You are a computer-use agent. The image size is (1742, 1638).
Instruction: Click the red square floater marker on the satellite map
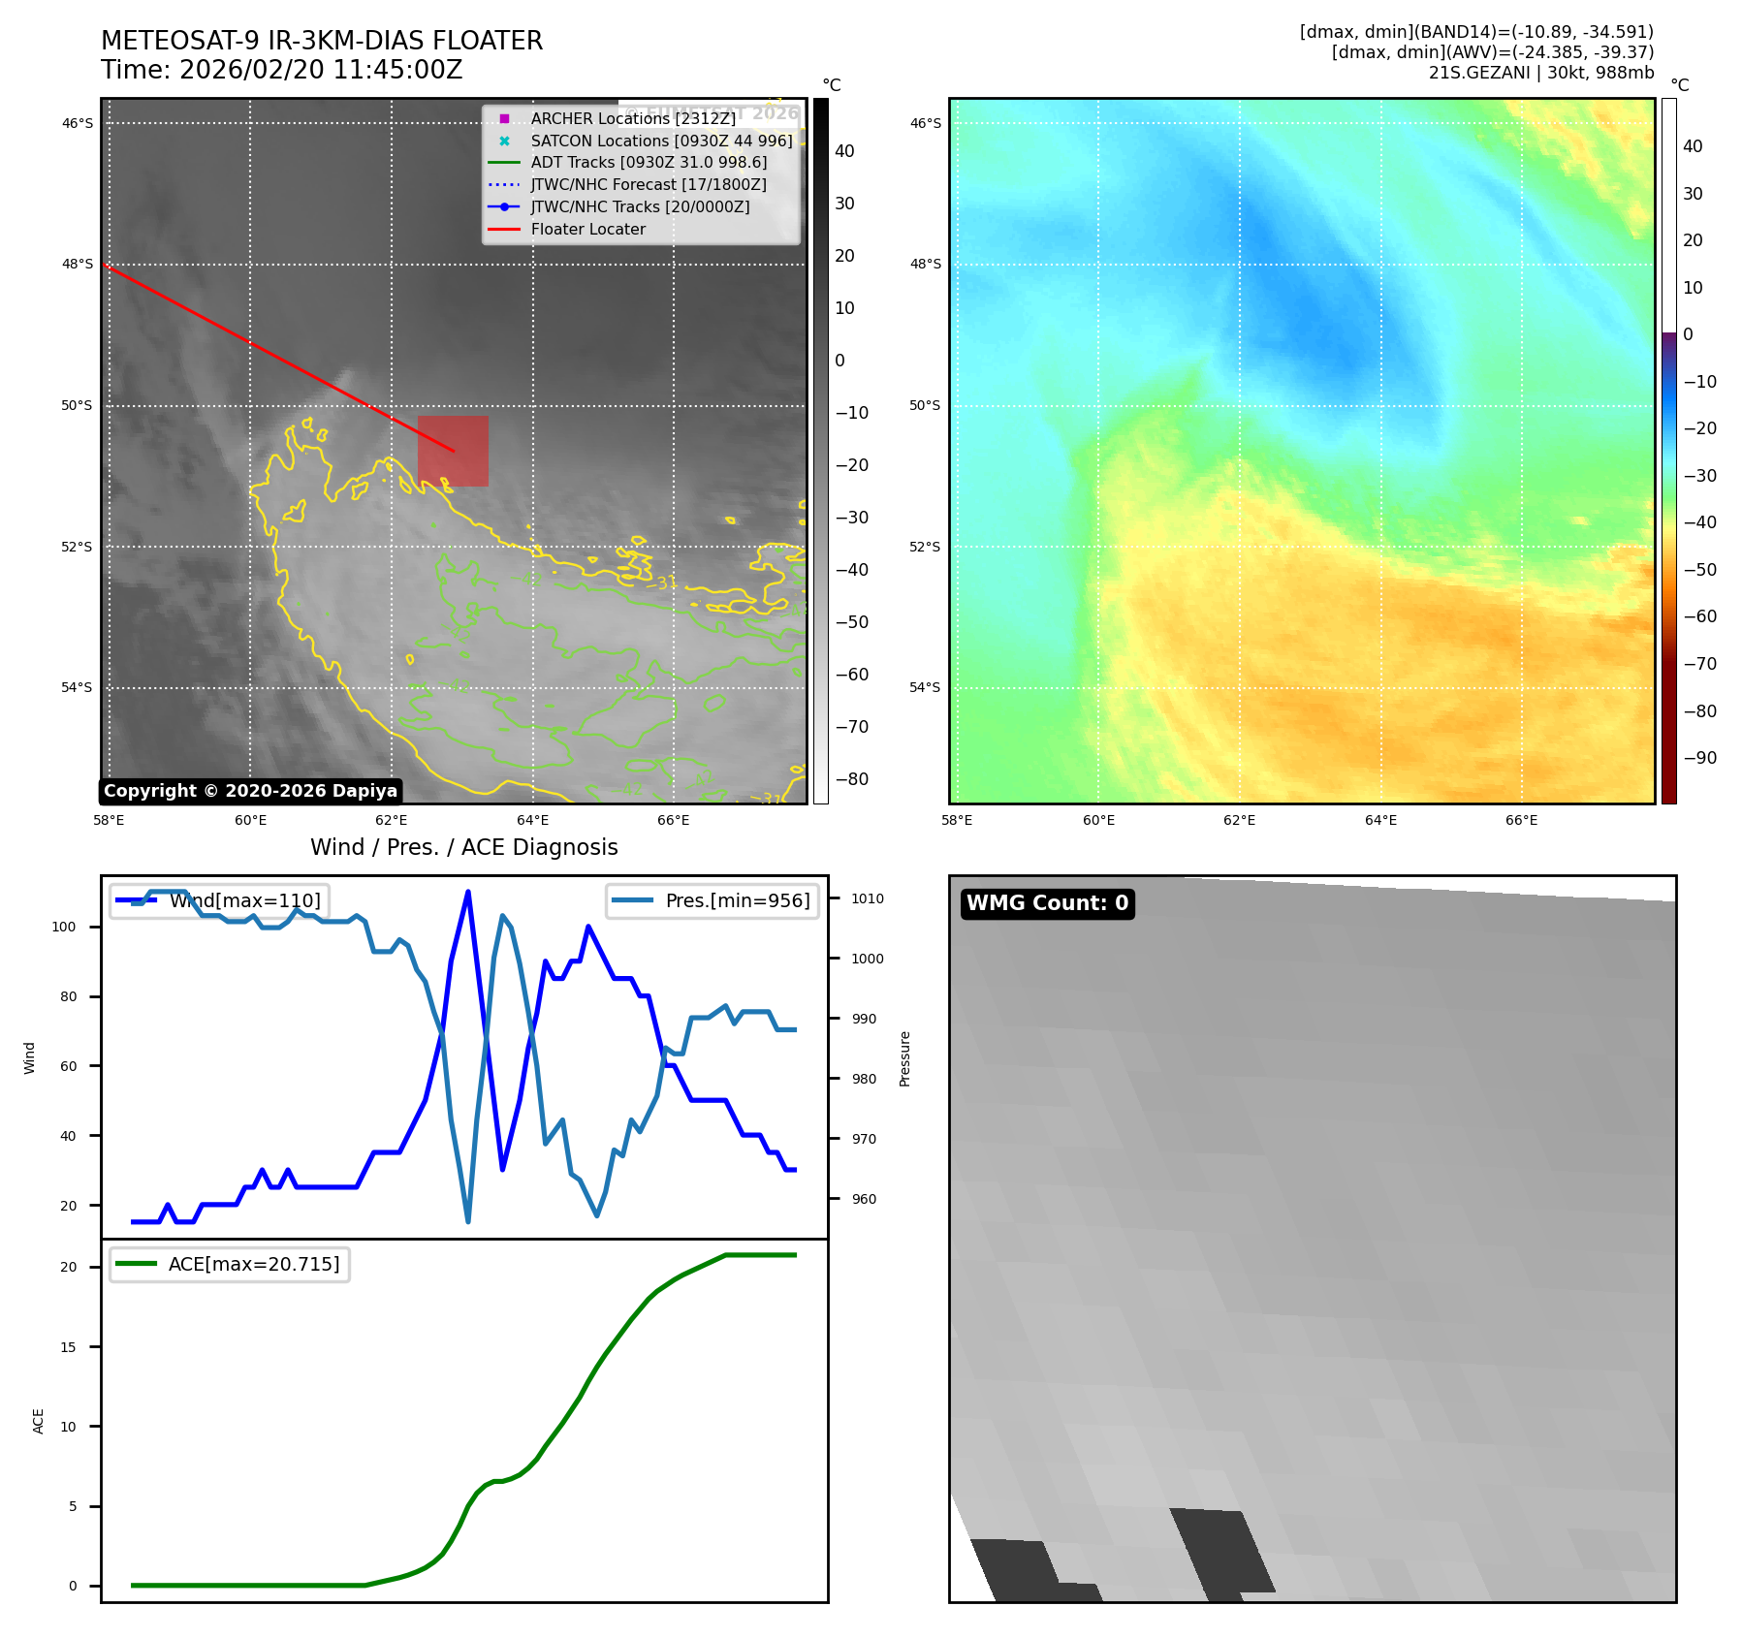(x=453, y=451)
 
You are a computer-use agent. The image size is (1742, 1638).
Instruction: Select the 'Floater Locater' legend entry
(x=587, y=230)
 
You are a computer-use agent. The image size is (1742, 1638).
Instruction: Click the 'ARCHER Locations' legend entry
(x=633, y=119)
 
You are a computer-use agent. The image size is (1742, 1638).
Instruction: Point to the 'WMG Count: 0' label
(x=1047, y=903)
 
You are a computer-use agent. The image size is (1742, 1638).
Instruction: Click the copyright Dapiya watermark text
(x=250, y=791)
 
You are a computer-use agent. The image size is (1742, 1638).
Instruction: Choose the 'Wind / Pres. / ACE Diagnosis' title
(x=463, y=847)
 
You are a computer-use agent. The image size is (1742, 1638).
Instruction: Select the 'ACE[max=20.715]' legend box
(x=230, y=1265)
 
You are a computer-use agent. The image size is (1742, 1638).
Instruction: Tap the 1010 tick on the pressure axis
(x=868, y=898)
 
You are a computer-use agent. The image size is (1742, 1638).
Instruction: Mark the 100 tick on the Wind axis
(x=64, y=927)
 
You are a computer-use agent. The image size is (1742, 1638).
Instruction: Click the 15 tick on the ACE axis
(x=68, y=1347)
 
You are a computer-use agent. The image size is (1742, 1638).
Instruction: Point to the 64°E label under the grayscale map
(x=532, y=821)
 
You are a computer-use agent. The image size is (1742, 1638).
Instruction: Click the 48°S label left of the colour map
(x=925, y=265)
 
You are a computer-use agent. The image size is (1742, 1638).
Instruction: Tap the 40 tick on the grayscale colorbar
(x=844, y=151)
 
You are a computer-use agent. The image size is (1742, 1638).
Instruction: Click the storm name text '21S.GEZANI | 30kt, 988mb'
(x=1540, y=73)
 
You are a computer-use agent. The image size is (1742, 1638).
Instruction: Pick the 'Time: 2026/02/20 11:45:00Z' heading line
(x=281, y=71)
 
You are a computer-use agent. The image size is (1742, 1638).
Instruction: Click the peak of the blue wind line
(x=468, y=892)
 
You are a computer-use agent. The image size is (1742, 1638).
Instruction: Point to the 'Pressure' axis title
(x=904, y=1058)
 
